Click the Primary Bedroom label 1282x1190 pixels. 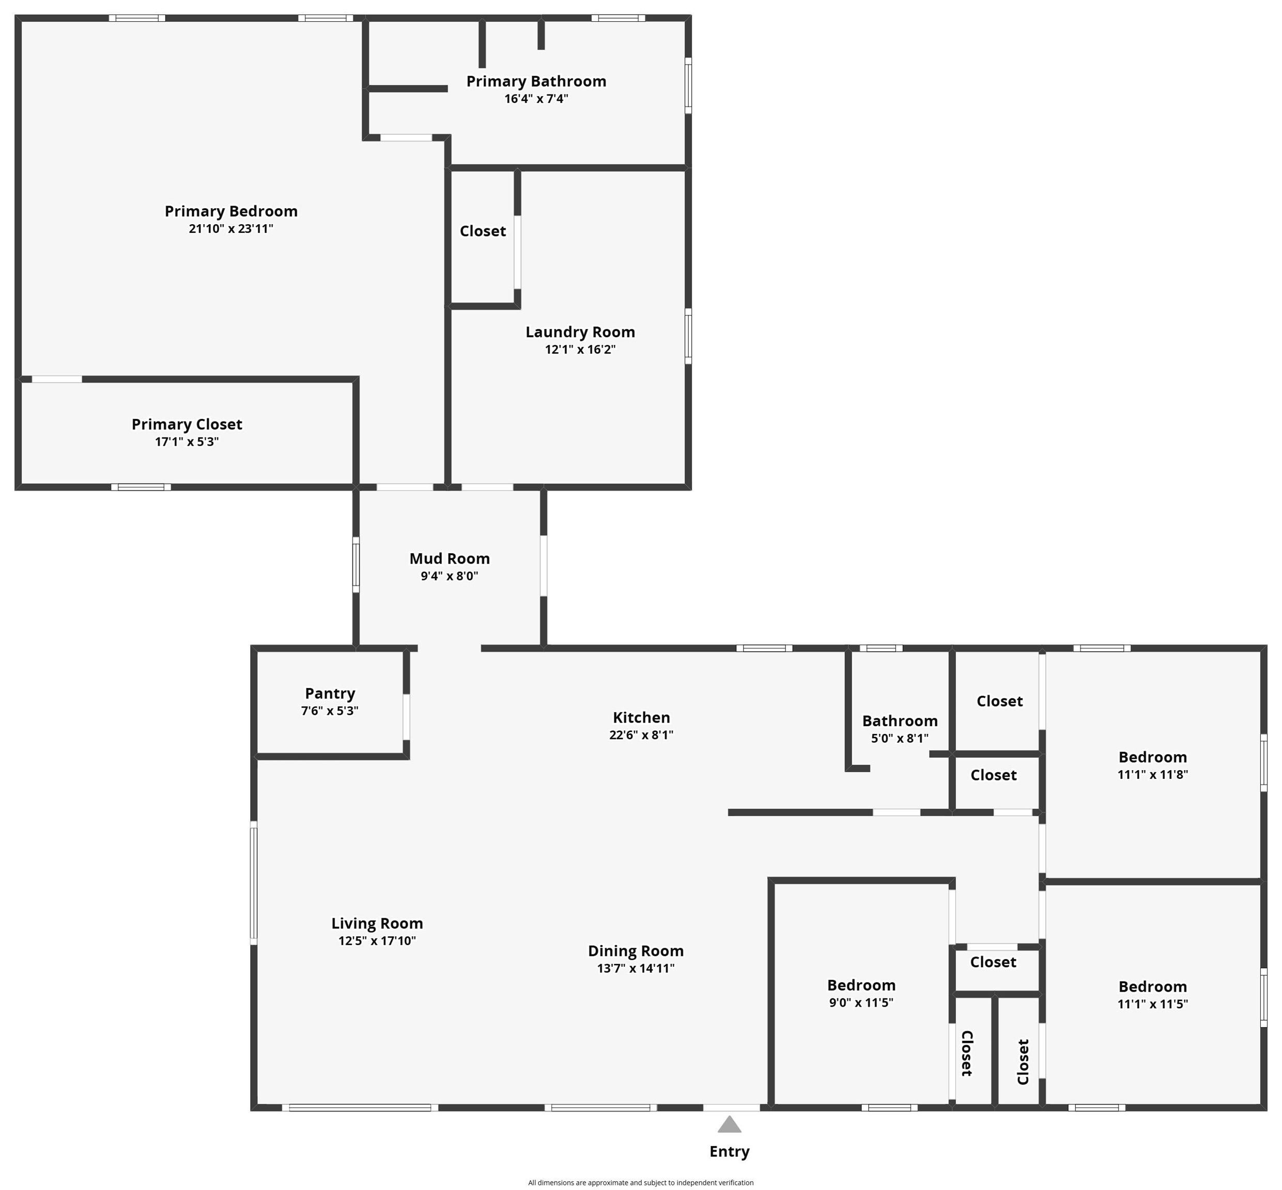pyautogui.click(x=230, y=211)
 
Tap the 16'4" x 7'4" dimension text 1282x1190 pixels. pyautogui.click(x=536, y=99)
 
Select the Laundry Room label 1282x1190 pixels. pyautogui.click(x=580, y=332)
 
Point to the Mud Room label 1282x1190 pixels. pyautogui.click(x=449, y=558)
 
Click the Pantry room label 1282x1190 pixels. pyautogui.click(x=330, y=694)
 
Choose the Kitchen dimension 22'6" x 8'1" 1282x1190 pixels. pyautogui.click(x=641, y=735)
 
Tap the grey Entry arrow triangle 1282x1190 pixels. pyautogui.click(x=729, y=1124)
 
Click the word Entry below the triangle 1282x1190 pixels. pyautogui.click(x=729, y=1151)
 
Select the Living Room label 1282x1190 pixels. pyautogui.click(x=377, y=923)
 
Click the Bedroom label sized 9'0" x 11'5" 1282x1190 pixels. pyautogui.click(x=861, y=985)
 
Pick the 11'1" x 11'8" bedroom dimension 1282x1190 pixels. pyautogui.click(x=1152, y=775)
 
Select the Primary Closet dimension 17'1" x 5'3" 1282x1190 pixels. pyautogui.click(x=187, y=442)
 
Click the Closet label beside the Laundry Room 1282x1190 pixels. pyautogui.click(x=483, y=231)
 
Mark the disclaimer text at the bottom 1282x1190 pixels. pyautogui.click(x=640, y=1182)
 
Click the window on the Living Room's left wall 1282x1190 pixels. pyautogui.click(x=254, y=883)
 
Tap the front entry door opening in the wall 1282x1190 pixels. pyautogui.click(x=731, y=1107)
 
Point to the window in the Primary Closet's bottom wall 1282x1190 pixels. pyautogui.click(x=141, y=487)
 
